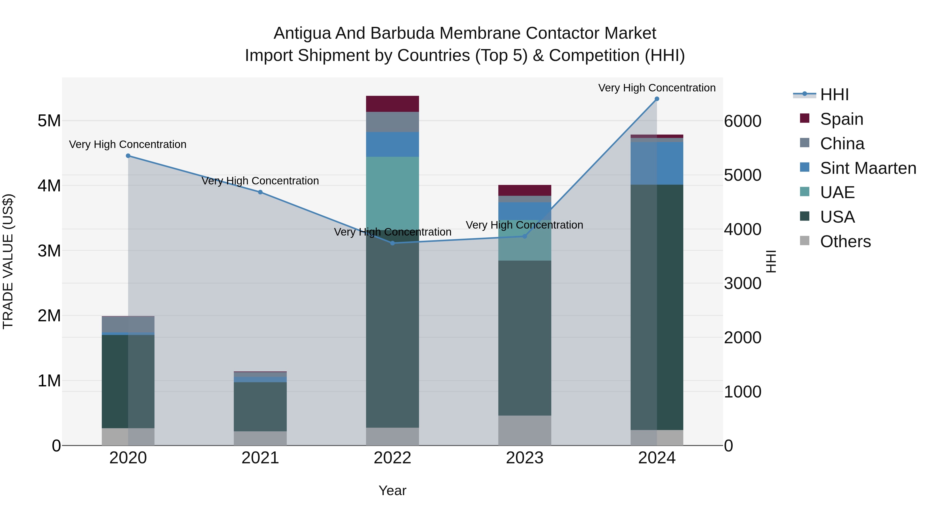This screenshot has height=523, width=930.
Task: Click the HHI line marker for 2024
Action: point(657,99)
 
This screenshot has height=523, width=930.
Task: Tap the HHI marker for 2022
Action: point(393,243)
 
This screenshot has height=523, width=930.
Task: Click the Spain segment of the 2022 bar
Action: point(392,104)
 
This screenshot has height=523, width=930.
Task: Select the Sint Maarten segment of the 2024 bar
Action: point(657,163)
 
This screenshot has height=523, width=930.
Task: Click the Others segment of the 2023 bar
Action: point(525,430)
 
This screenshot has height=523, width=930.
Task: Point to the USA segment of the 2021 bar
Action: point(260,407)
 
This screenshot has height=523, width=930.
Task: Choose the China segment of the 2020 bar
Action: point(128,324)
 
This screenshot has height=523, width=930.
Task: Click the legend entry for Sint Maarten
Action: point(868,168)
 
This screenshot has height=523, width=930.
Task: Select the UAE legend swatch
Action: point(805,192)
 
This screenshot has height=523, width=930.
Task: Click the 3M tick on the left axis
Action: point(49,251)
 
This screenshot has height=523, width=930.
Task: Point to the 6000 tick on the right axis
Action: point(743,121)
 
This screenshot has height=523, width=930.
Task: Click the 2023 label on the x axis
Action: point(525,458)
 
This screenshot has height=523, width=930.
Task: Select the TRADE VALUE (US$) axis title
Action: point(8,261)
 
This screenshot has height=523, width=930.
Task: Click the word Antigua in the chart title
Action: point(302,33)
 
